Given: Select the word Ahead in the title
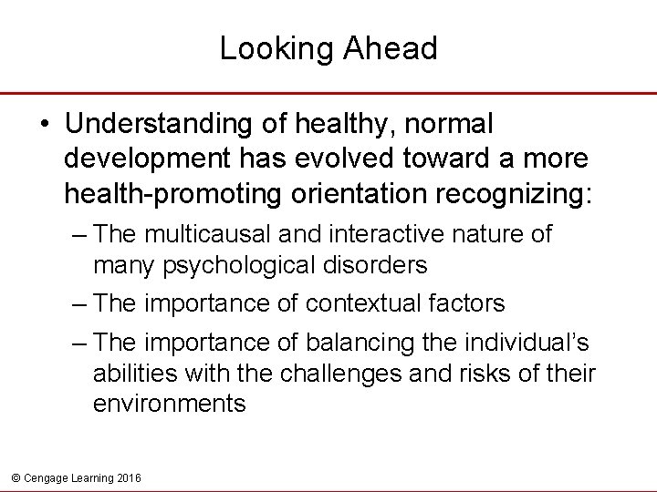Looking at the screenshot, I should (391, 49).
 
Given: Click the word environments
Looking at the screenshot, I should (169, 403).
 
